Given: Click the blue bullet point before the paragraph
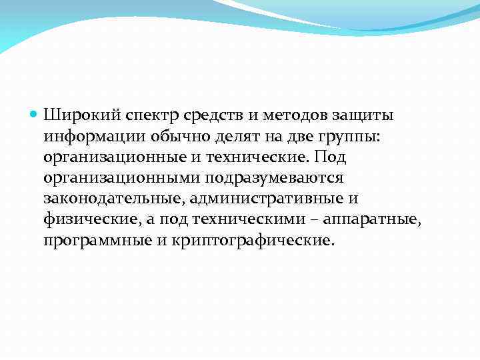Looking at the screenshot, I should pyautogui.click(x=35, y=115).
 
